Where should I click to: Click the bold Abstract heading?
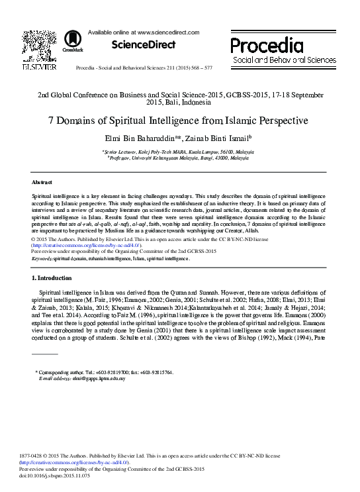[43, 181]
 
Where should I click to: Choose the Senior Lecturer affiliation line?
[179, 152]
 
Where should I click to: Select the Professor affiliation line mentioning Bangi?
[179, 158]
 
